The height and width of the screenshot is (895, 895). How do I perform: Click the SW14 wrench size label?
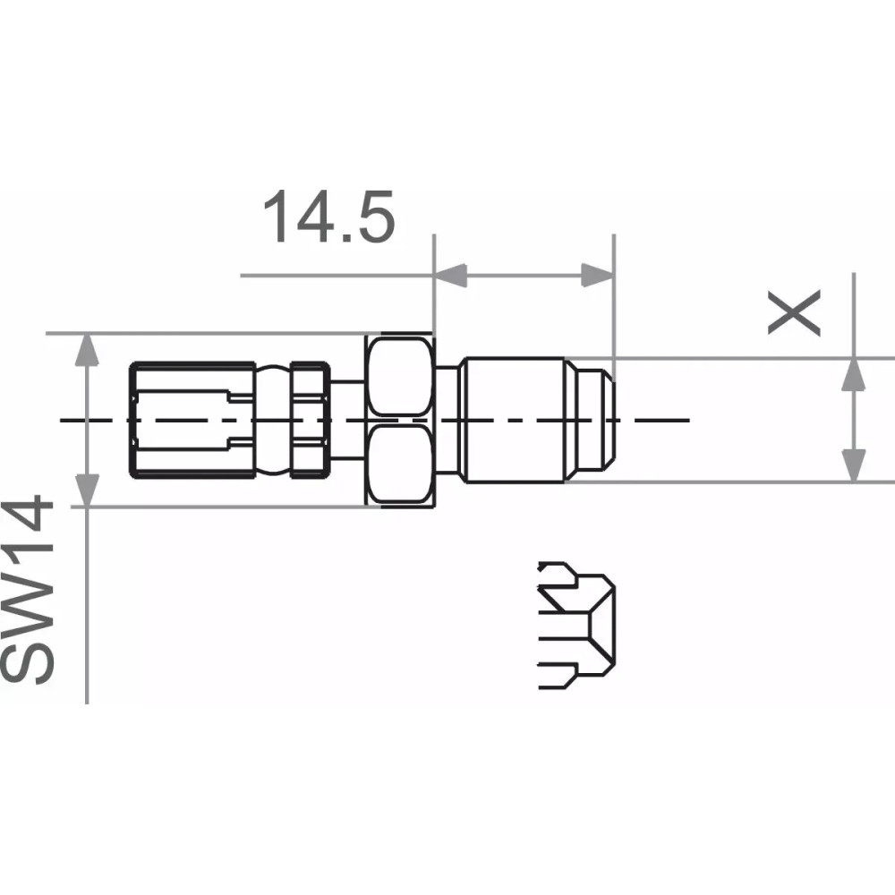(x=29, y=593)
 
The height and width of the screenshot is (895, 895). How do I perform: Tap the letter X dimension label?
(x=795, y=313)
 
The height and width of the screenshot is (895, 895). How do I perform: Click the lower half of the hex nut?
(x=399, y=463)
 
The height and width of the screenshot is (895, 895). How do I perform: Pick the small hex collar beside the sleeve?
(x=310, y=419)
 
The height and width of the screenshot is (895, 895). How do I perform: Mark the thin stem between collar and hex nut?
(x=345, y=419)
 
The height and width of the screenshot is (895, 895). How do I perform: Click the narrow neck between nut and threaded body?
(x=448, y=419)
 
